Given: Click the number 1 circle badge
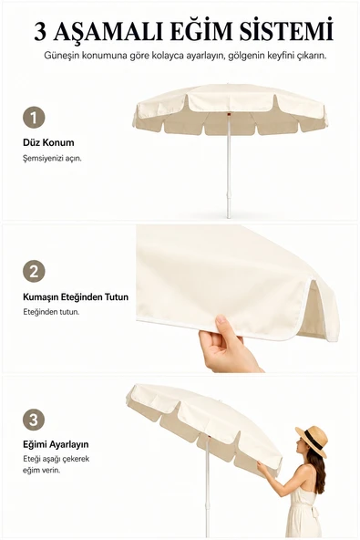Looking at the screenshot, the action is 34,118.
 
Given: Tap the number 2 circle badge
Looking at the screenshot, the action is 34,271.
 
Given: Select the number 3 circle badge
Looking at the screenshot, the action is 34,420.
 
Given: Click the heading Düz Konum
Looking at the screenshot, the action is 48,142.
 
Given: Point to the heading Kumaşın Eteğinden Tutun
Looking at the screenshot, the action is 76,296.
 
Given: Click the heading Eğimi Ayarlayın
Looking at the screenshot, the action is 56,444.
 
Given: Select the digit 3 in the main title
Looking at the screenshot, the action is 40,32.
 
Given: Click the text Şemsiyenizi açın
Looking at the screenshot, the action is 52,159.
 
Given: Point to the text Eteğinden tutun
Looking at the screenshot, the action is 51,312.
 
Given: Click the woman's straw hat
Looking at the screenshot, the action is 312,441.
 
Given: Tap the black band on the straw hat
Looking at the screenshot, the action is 314,442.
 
